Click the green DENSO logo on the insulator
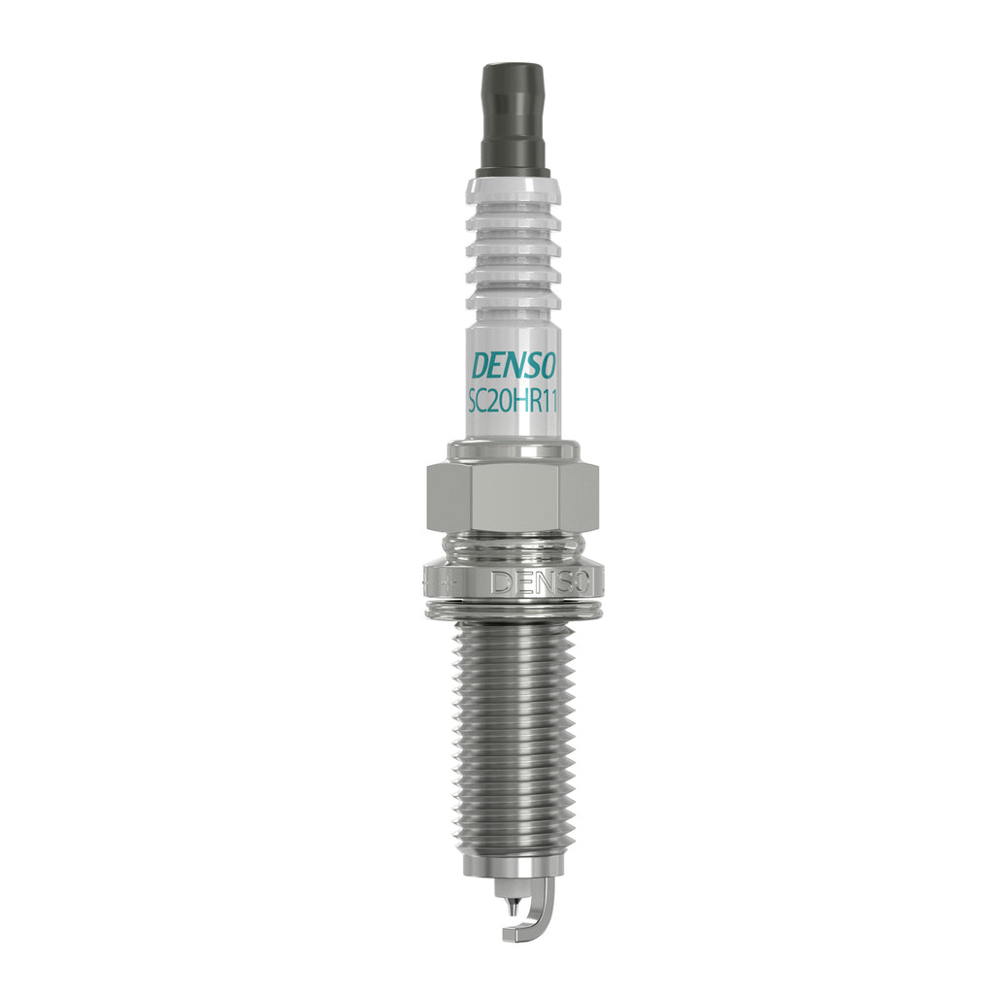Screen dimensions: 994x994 (513, 366)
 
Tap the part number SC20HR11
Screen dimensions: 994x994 (513, 402)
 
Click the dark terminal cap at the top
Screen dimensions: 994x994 (514, 119)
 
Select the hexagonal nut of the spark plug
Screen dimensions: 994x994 (514, 498)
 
